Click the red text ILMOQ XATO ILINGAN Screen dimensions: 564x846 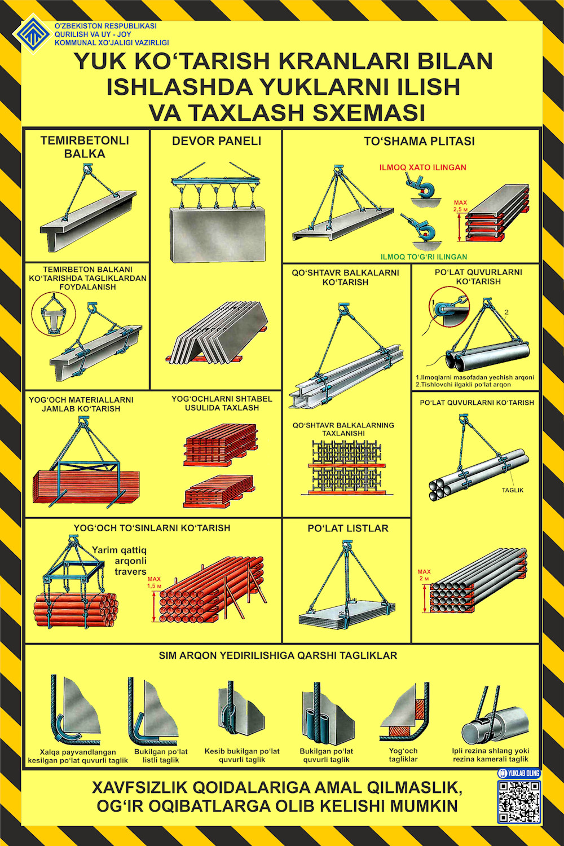click(x=422, y=168)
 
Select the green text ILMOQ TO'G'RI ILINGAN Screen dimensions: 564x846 click(x=424, y=257)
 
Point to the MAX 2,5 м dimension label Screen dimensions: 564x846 click(x=460, y=205)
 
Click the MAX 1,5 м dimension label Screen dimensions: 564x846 click(x=154, y=583)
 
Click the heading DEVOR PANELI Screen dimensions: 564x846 click(x=217, y=141)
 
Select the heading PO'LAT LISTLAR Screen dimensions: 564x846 click(x=348, y=528)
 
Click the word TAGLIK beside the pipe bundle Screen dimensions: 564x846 click(x=512, y=490)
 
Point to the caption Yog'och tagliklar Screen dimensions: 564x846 click(x=403, y=755)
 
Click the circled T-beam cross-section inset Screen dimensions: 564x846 click(x=53, y=314)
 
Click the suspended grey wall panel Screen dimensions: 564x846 click(x=218, y=234)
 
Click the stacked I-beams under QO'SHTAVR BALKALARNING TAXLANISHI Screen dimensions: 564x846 click(x=347, y=467)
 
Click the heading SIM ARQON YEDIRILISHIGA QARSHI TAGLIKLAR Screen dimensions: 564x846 click(x=278, y=655)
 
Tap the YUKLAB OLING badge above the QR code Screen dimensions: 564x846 click(x=519, y=773)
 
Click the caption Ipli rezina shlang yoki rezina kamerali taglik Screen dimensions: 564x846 click(x=490, y=755)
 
